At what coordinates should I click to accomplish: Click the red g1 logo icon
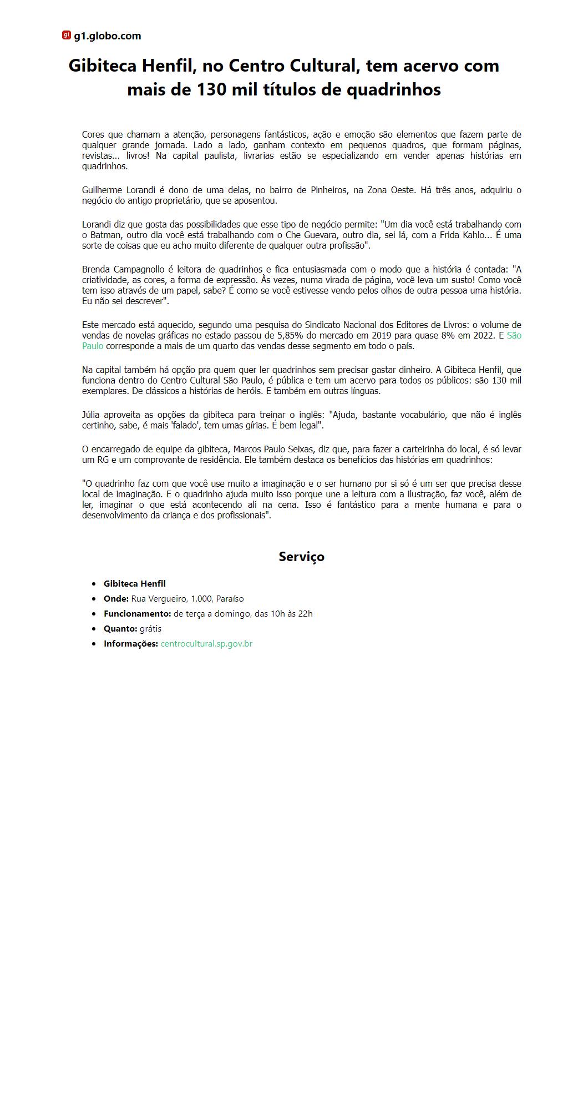67,36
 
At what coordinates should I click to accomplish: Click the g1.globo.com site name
108,36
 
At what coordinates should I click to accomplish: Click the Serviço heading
301,557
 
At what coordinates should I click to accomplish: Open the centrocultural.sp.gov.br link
206,644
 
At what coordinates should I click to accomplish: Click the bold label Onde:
116,599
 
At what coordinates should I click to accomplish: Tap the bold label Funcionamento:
137,614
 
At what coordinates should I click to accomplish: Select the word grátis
150,629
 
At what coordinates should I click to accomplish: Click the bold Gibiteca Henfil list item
135,584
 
